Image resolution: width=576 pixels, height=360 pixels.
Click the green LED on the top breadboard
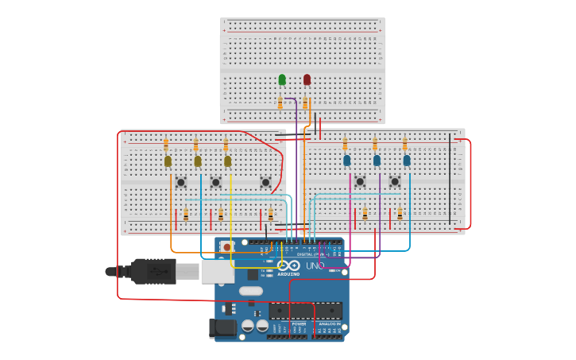click(282, 79)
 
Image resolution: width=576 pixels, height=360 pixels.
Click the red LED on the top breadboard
click(307, 79)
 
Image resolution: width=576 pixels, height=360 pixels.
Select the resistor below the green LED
click(280, 102)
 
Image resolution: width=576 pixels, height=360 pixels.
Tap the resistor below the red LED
click(305, 102)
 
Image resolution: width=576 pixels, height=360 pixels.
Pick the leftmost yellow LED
click(168, 161)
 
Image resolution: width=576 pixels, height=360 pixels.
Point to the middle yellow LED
click(198, 161)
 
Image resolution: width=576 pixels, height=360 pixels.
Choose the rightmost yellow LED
click(227, 161)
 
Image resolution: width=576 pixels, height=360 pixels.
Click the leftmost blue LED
click(346, 161)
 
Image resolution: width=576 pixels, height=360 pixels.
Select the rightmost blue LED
click(407, 161)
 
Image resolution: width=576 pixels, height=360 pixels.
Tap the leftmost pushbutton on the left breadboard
click(181, 182)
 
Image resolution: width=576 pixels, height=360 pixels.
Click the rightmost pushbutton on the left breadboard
click(265, 182)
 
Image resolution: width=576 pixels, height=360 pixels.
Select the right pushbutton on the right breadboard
click(395, 182)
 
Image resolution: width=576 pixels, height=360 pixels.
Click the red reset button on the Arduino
click(227, 247)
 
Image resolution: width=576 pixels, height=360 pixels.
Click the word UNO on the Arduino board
click(315, 266)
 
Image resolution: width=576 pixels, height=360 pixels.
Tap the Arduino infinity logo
click(288, 265)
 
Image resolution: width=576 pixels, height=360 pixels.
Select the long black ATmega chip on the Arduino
click(305, 311)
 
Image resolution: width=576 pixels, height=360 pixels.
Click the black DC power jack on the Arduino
click(222, 327)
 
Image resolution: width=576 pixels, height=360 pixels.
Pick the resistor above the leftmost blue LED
click(345, 144)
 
